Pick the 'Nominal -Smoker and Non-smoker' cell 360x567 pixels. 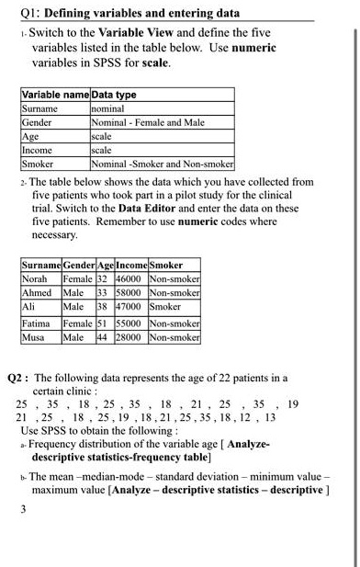(x=163, y=164)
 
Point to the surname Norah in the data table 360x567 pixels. (x=36, y=278)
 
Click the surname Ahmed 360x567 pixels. (x=38, y=292)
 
